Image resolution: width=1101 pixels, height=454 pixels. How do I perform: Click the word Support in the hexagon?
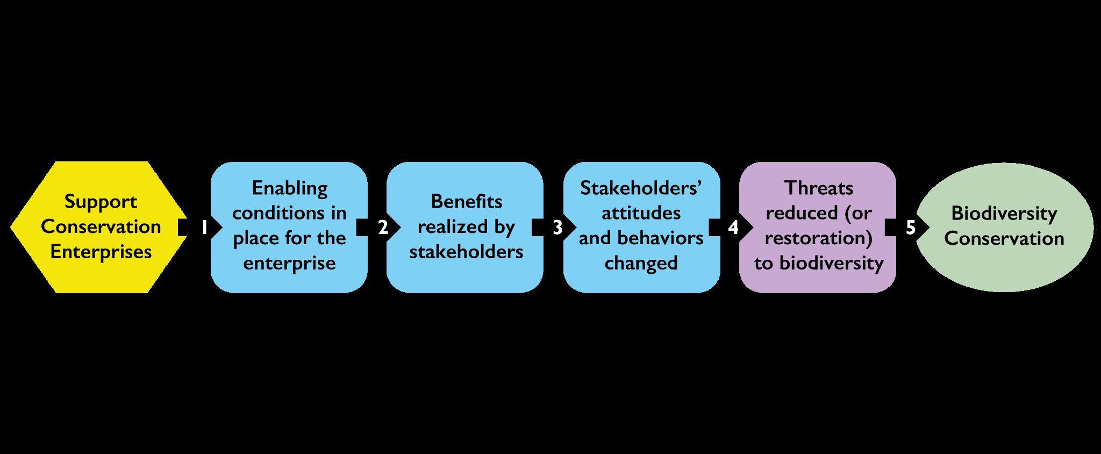click(x=101, y=202)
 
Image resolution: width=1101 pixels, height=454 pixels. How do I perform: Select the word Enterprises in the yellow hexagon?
click(x=101, y=252)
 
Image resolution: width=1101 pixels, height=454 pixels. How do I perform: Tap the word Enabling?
click(x=289, y=188)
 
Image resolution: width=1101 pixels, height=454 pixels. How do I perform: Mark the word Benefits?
click(x=466, y=201)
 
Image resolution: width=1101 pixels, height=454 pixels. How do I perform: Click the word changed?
click(x=641, y=263)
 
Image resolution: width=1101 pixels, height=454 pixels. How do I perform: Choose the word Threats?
click(x=818, y=188)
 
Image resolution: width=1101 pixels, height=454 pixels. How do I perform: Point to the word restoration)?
click(x=818, y=238)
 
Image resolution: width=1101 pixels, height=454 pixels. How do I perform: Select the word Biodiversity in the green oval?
click(x=1004, y=214)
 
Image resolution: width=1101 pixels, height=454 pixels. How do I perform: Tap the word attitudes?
click(x=641, y=213)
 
